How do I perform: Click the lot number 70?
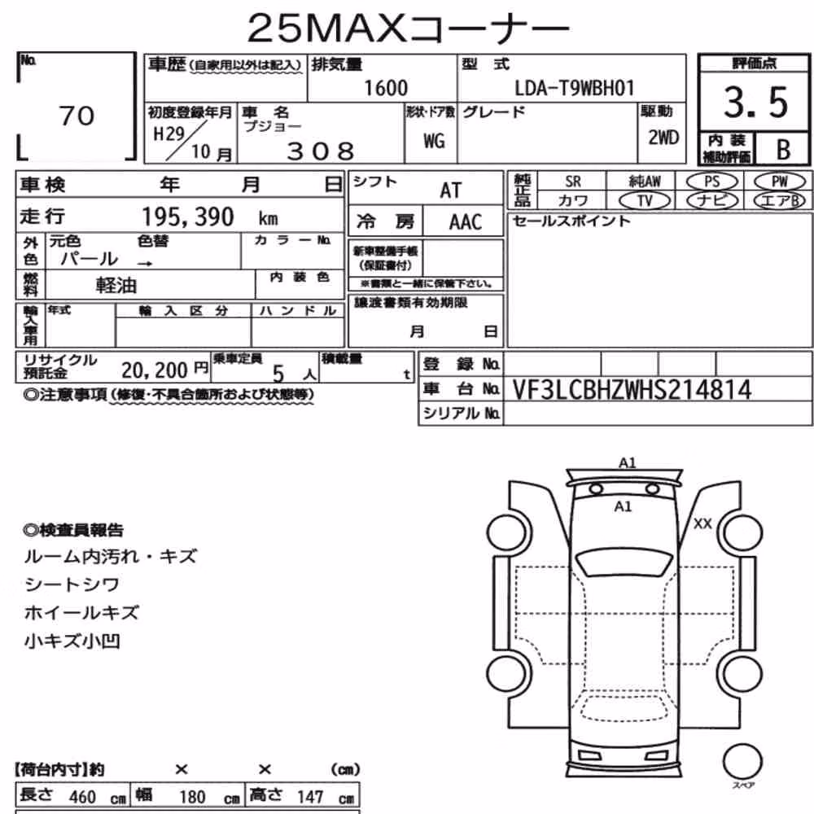click(77, 116)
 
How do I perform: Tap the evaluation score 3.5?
click(756, 103)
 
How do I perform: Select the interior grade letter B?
click(783, 150)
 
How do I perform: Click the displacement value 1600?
click(386, 88)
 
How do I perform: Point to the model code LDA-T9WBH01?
click(574, 88)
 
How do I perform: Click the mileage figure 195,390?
click(188, 217)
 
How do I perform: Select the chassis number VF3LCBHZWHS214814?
click(632, 390)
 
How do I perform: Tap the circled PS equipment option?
click(711, 182)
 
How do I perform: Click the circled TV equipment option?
click(645, 200)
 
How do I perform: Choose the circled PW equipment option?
click(779, 182)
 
